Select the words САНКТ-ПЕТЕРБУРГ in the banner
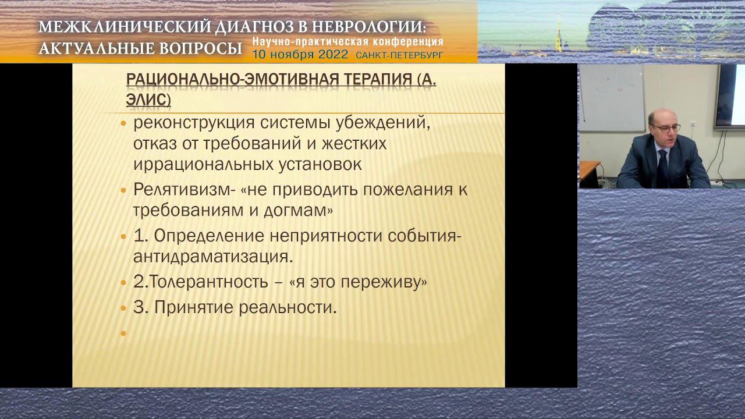(399, 55)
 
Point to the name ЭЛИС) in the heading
(148, 100)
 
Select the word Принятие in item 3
(194, 307)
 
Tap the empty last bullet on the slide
(123, 333)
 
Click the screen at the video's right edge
(731, 96)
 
